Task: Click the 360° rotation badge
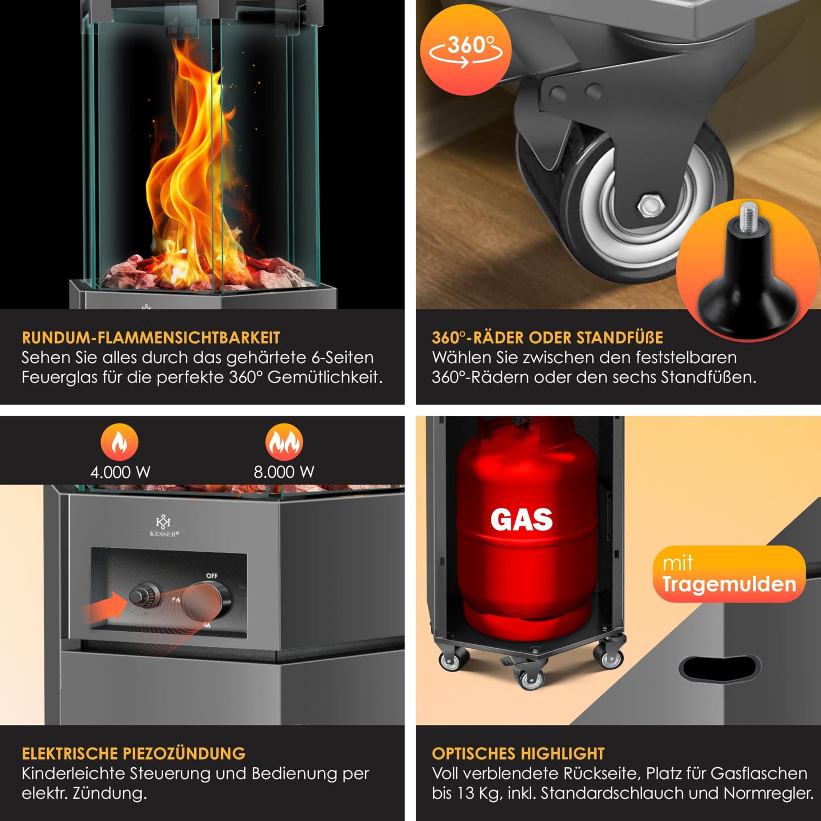click(465, 50)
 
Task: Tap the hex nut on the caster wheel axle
click(648, 205)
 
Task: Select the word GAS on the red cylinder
click(521, 519)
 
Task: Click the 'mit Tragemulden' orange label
click(729, 574)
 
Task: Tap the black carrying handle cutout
click(720, 668)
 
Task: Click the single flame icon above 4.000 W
click(119, 442)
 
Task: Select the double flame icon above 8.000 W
click(284, 442)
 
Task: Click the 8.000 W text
click(284, 472)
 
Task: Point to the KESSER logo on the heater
click(163, 526)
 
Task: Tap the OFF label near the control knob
click(211, 576)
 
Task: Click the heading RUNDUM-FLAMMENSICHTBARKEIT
click(151, 337)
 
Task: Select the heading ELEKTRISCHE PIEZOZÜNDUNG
click(134, 753)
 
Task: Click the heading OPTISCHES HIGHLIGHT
click(518, 753)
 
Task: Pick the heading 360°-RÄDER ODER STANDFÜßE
click(547, 337)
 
